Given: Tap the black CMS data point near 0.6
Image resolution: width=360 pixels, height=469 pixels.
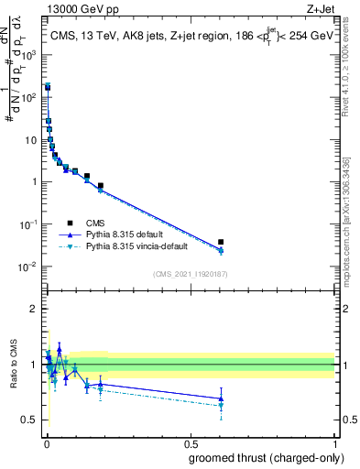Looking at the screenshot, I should [221, 242].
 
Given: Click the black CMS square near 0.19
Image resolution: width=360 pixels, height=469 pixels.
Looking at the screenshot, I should [101, 186].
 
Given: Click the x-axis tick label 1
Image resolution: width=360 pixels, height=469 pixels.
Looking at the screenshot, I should [335, 444].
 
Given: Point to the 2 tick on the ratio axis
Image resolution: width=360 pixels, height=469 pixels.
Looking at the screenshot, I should [37, 309].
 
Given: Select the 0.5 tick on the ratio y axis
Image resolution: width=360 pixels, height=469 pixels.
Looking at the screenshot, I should [34, 420].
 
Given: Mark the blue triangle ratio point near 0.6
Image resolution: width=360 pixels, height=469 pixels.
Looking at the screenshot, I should [221, 398].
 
